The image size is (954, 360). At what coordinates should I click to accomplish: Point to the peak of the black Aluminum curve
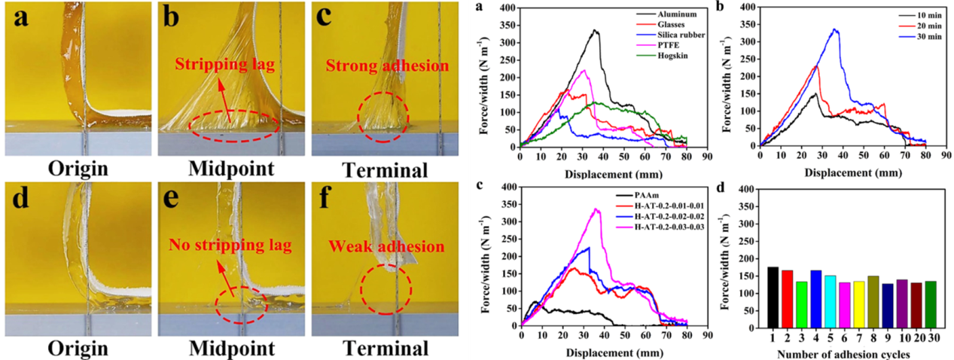pyautogui.click(x=596, y=30)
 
